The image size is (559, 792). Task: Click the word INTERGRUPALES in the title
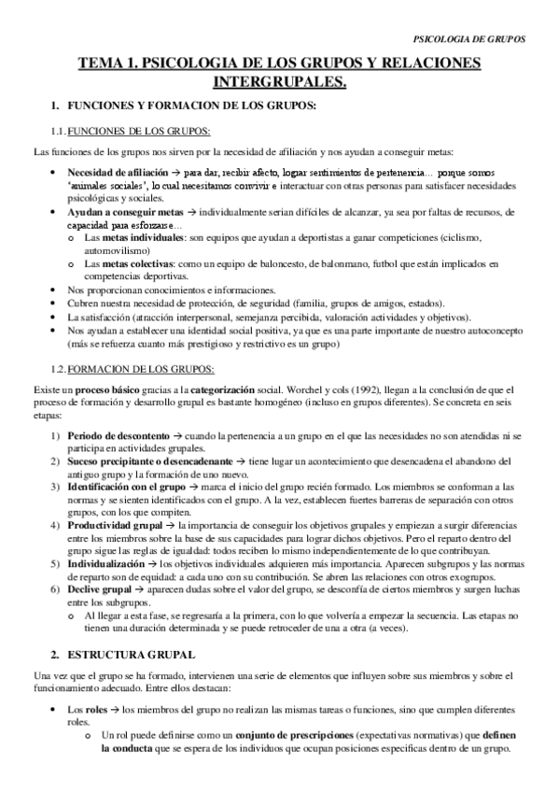279,83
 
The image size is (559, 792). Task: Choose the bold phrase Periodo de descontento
120,408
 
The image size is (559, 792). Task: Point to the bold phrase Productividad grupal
115,526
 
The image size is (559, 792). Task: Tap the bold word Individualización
107,564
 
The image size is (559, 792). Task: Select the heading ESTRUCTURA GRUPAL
134,654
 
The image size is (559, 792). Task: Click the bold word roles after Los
96,709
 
